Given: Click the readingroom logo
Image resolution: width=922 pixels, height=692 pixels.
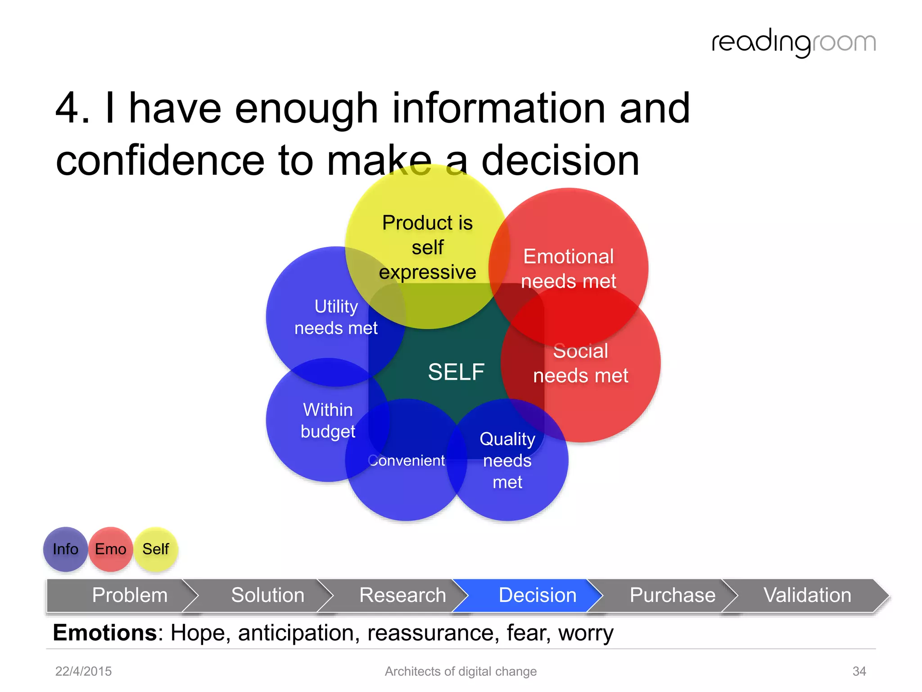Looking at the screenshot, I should point(793,43).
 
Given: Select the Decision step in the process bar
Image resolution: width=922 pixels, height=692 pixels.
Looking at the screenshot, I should point(537,595).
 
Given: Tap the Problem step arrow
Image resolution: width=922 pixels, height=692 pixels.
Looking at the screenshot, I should point(130,595).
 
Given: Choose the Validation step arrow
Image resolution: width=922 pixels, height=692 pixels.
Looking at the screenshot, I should point(807,595).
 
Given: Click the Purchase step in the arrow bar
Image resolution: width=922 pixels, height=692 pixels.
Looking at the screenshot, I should point(672,595).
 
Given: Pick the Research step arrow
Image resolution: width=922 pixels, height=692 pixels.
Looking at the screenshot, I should point(402,595).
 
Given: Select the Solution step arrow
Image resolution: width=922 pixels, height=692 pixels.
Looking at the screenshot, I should point(267,595).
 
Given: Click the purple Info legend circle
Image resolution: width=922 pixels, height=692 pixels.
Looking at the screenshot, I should point(65,549).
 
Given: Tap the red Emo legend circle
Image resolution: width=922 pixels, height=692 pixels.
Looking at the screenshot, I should point(110,549).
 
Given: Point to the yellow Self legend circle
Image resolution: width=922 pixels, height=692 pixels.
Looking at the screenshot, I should point(155,549).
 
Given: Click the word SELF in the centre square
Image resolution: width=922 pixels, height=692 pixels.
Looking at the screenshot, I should point(456,372).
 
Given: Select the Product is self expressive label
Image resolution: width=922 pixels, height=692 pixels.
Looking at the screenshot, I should point(427,247).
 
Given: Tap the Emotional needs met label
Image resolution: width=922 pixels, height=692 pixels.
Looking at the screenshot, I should point(568,269).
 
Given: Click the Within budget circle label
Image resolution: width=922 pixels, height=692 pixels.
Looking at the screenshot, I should point(328,420).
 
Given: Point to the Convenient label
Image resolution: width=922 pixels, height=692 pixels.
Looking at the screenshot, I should point(407,460).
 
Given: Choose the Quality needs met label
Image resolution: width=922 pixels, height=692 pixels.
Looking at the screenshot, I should point(507,460).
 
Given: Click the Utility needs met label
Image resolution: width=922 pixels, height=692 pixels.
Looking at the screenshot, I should point(336,317).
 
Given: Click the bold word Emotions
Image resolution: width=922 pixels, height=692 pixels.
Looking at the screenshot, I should point(105,633).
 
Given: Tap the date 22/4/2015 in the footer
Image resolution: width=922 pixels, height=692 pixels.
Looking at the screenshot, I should point(83,671).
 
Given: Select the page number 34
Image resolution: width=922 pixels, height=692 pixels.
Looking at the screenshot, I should point(859,671).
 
